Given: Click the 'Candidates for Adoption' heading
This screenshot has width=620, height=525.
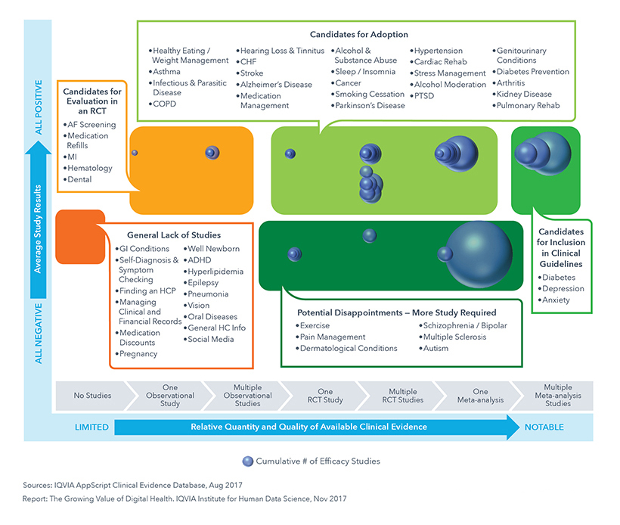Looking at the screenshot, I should [x=358, y=35].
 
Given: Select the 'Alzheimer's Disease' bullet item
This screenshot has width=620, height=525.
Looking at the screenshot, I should [x=276, y=85].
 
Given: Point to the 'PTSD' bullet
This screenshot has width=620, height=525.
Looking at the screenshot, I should [x=424, y=96].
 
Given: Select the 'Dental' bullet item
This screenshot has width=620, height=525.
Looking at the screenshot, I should [x=79, y=179].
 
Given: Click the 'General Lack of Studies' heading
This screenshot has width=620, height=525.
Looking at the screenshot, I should [x=168, y=235].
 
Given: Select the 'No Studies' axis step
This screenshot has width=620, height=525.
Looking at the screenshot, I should [x=92, y=396].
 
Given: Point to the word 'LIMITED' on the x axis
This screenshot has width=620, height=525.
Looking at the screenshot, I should [x=91, y=427].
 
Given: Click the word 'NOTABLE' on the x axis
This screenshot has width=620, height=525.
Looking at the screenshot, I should [x=544, y=427].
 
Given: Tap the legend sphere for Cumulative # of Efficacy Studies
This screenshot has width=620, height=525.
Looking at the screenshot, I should [x=247, y=461].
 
